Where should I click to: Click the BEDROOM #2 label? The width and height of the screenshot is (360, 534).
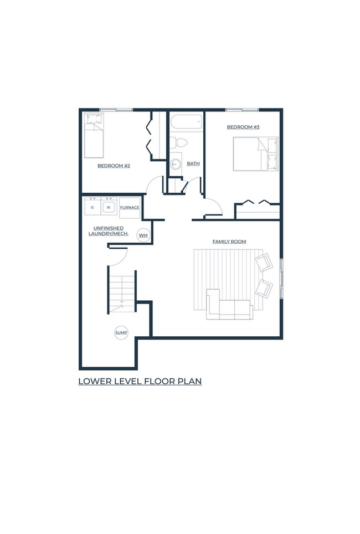click(x=114, y=166)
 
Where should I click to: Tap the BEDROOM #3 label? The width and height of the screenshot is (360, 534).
click(x=243, y=127)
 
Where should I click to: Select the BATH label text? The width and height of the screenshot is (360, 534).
click(x=193, y=163)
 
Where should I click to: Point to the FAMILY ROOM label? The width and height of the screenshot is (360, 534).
click(x=229, y=242)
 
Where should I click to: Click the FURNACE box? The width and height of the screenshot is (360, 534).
click(x=130, y=208)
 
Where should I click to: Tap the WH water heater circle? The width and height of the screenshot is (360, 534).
click(x=143, y=235)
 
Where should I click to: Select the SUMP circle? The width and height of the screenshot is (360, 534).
click(x=121, y=333)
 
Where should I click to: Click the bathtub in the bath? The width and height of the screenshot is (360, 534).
click(x=186, y=122)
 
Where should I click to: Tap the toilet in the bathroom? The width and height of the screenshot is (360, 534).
click(x=179, y=143)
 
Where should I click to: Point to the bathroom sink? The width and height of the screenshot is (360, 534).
click(x=176, y=164)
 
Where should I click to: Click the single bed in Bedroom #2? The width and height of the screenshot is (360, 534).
click(x=94, y=136)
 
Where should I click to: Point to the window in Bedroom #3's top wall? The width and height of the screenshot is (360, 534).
click(x=242, y=110)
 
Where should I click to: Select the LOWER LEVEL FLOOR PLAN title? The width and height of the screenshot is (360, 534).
click(x=140, y=381)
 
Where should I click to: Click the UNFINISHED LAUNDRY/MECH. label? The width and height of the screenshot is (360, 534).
click(x=109, y=231)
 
